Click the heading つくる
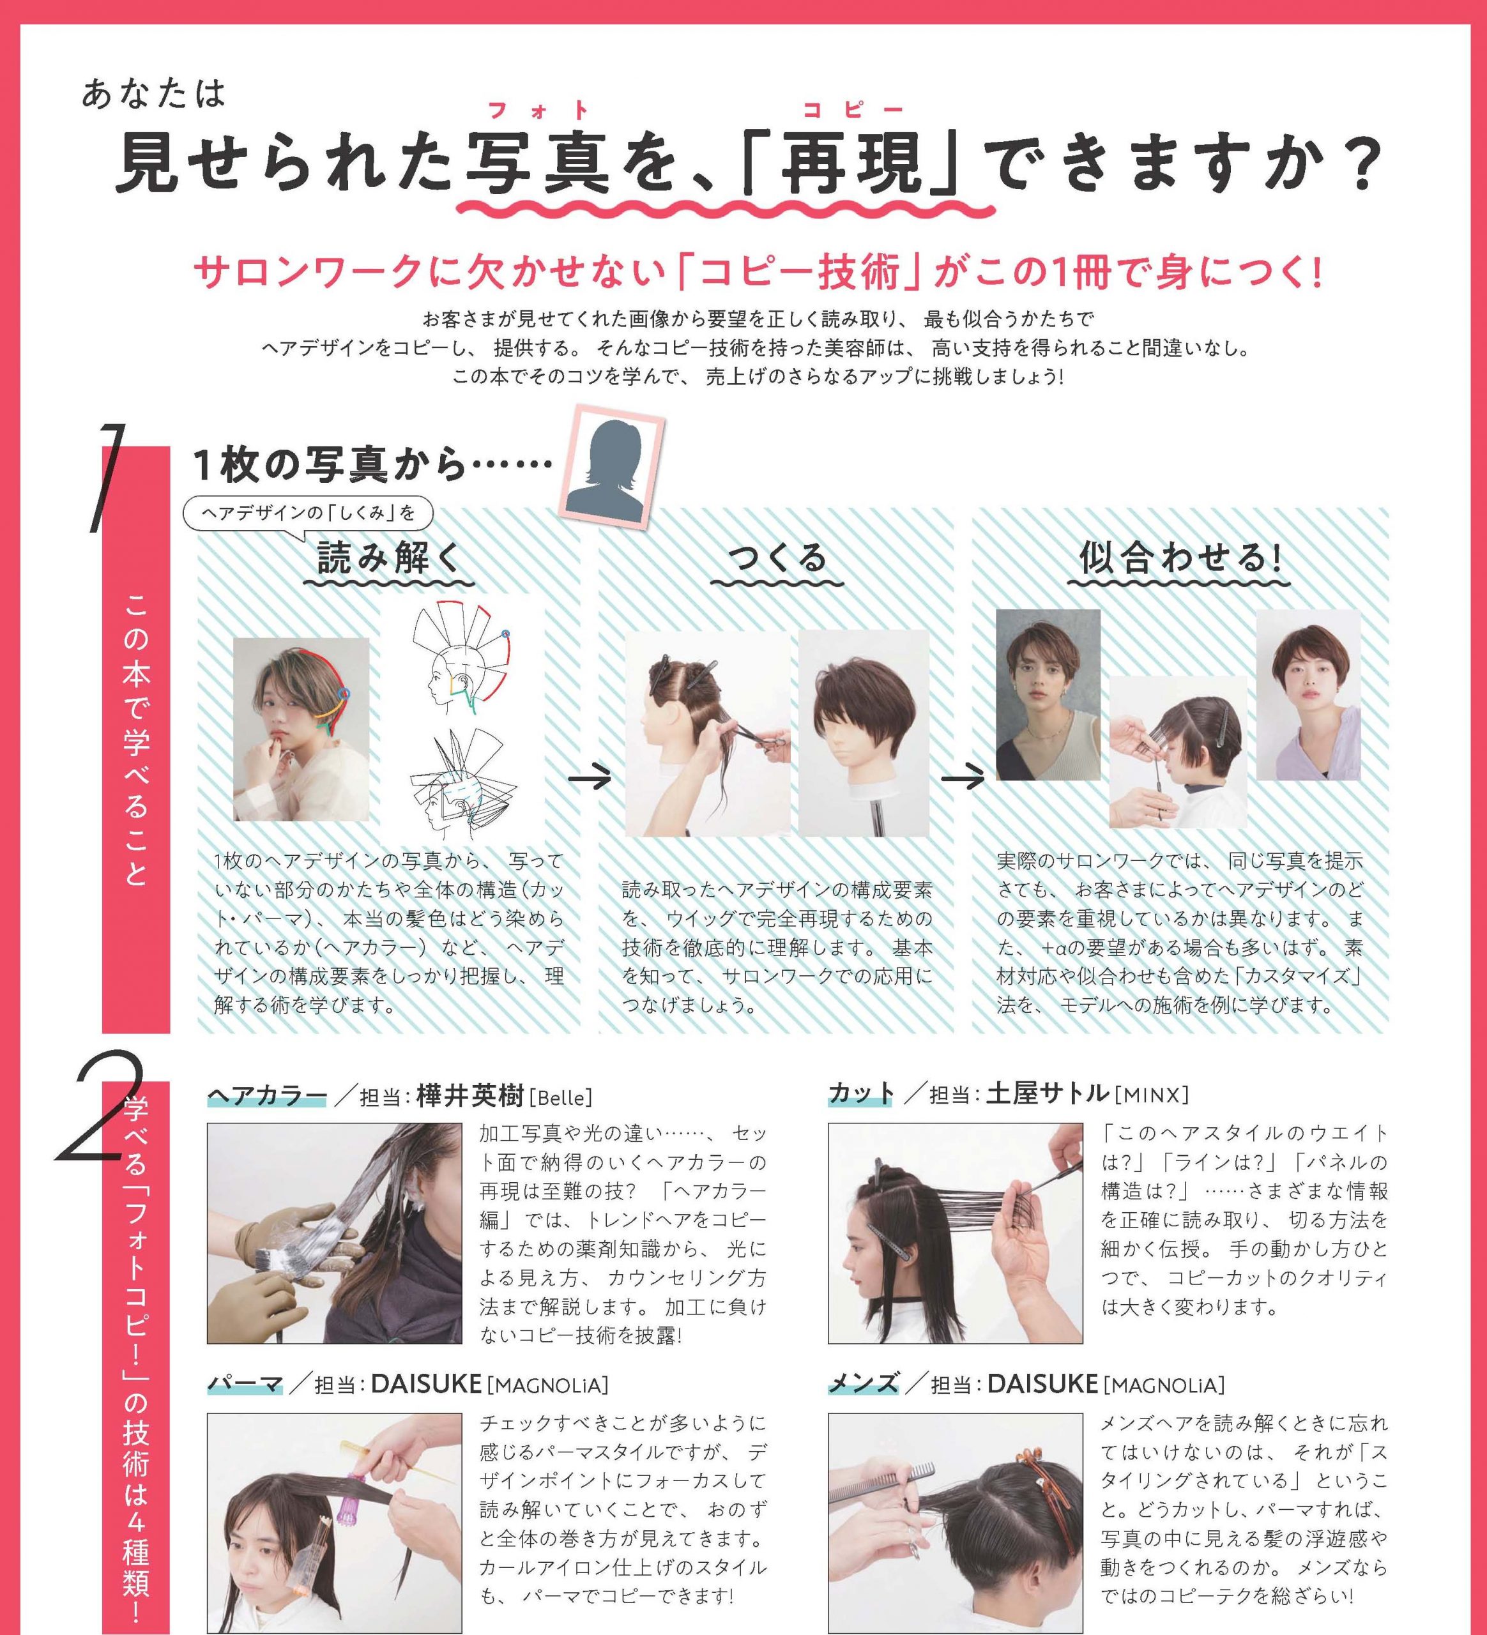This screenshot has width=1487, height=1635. coord(776,558)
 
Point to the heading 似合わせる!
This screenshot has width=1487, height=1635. coord(1180,558)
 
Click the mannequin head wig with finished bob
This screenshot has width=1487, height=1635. coord(862,734)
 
